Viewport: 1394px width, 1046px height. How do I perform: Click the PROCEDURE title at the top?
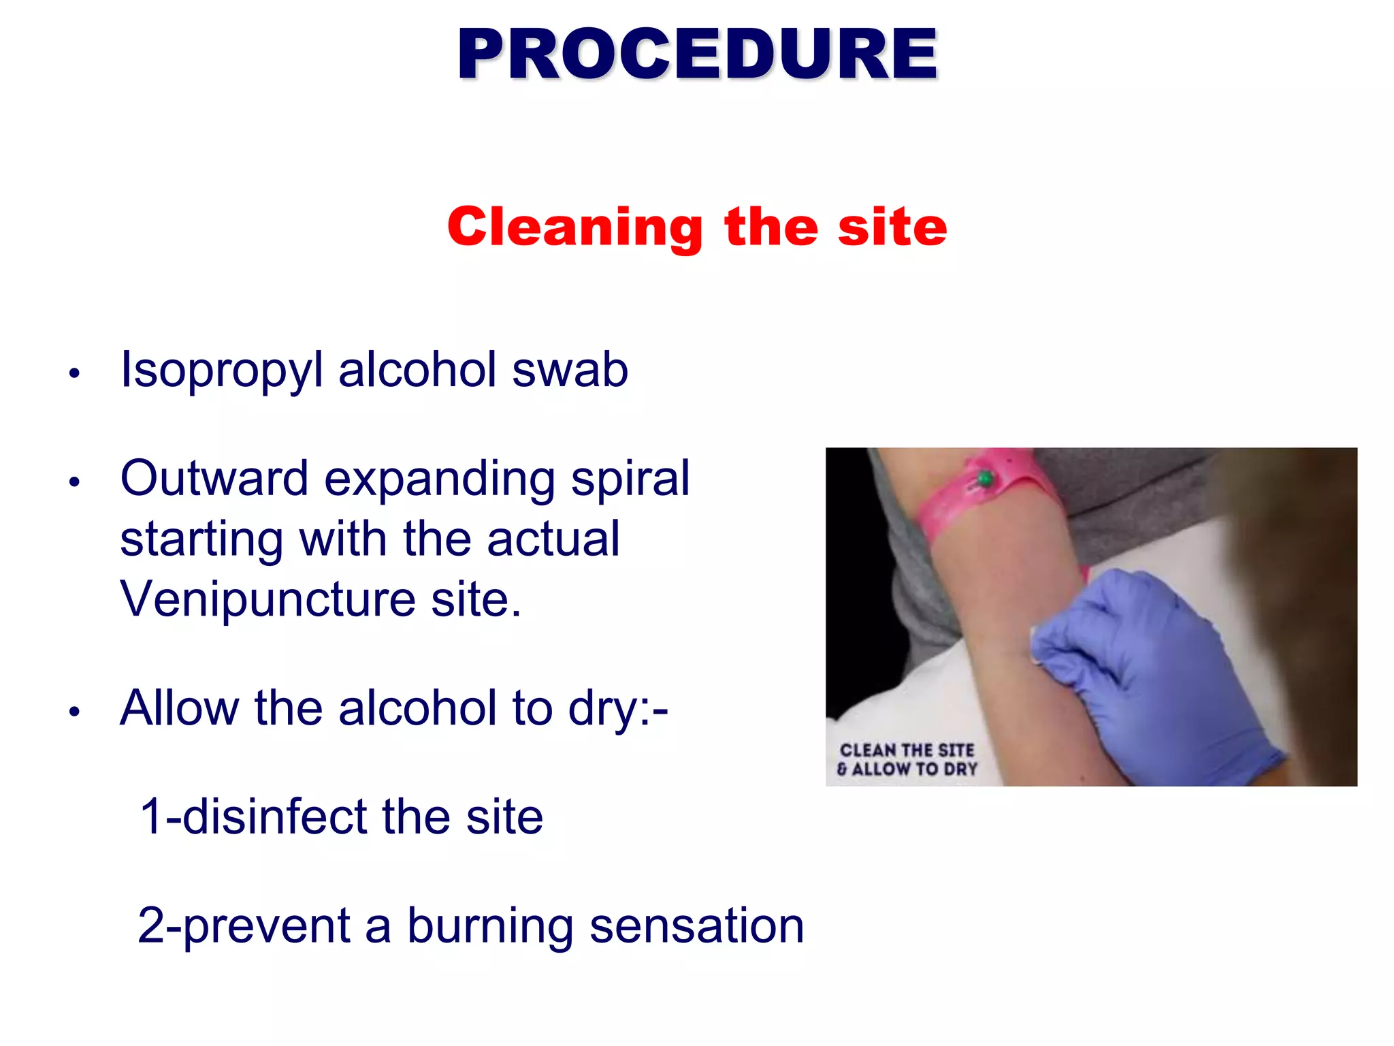coord(697,54)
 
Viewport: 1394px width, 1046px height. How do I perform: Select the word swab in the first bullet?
coord(570,370)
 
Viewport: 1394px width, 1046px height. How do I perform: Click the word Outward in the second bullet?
coord(214,478)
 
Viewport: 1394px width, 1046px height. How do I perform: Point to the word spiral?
coord(630,479)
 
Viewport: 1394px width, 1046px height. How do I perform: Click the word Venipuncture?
coord(268,599)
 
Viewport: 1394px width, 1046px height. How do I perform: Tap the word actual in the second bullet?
coord(553,539)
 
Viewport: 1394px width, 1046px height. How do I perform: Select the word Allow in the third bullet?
coord(179,708)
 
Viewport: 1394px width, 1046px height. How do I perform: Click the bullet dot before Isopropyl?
coord(75,373)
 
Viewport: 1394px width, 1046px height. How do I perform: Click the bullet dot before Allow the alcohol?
coord(75,712)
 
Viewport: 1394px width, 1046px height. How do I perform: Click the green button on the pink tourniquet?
coord(984,479)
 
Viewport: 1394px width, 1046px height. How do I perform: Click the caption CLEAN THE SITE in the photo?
coord(907,750)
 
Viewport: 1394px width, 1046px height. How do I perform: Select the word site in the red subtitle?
coord(892,227)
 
